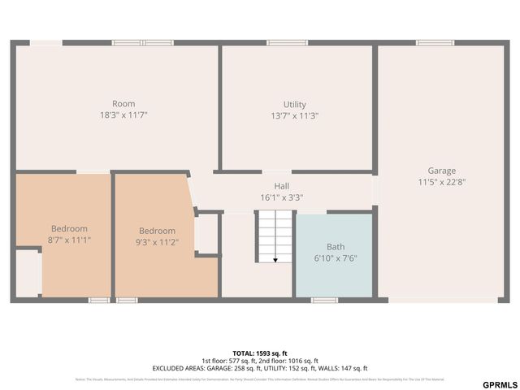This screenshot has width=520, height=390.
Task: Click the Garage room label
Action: pyautogui.click(x=442, y=171)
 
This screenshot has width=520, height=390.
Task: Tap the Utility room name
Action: pyautogui.click(x=294, y=104)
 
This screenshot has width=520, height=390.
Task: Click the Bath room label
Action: pyautogui.click(x=336, y=246)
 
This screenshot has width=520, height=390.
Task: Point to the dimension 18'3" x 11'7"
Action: pyautogui.click(x=123, y=115)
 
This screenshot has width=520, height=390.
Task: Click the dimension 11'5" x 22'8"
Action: pyautogui.click(x=442, y=182)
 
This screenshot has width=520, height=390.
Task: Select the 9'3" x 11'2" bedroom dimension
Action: pyautogui.click(x=157, y=241)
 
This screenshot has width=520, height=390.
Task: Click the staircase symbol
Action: pyautogui.click(x=275, y=236)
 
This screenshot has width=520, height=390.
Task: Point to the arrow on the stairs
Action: pyautogui.click(x=275, y=259)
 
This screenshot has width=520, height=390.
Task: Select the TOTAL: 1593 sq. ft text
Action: pyautogui.click(x=260, y=353)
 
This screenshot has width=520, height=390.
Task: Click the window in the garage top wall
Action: pyautogui.click(x=435, y=42)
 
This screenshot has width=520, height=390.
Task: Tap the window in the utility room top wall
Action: pyautogui.click(x=288, y=42)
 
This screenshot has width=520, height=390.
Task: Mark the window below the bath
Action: pyautogui.click(x=325, y=300)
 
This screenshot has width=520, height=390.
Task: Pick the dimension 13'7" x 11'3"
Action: pyautogui.click(x=294, y=115)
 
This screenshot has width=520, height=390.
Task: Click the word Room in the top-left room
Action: pyautogui.click(x=123, y=104)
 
